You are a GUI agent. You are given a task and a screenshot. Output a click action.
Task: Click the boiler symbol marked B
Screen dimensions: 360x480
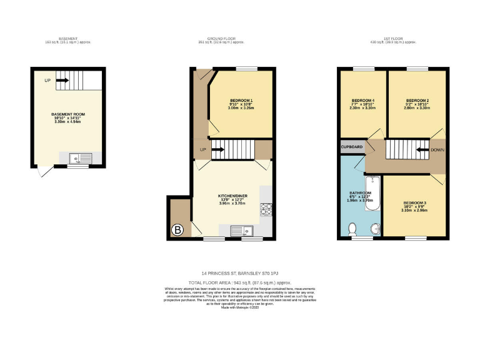(x=178, y=231)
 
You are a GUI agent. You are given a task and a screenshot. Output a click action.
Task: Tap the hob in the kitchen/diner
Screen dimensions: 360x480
(x=266, y=210)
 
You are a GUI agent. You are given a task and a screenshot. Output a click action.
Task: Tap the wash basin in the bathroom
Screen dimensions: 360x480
(x=374, y=229)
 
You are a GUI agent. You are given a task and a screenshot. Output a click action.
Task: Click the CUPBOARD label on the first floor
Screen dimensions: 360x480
(x=352, y=147)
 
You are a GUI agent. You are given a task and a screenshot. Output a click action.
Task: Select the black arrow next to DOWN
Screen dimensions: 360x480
(x=422, y=150)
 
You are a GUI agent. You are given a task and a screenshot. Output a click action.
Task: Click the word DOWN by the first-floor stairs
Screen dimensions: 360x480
(x=437, y=150)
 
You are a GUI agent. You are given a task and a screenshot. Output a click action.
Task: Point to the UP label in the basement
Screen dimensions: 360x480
(x=47, y=81)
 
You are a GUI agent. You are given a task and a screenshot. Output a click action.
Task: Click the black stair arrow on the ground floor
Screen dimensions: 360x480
(x=218, y=150)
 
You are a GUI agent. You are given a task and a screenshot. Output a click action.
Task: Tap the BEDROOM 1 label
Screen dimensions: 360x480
(x=241, y=101)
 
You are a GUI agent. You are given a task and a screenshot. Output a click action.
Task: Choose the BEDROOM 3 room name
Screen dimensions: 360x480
(x=414, y=203)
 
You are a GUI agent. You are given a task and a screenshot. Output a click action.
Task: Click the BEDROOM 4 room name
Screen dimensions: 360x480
(x=363, y=101)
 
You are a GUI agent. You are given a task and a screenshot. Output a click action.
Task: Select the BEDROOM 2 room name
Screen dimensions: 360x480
(x=417, y=101)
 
